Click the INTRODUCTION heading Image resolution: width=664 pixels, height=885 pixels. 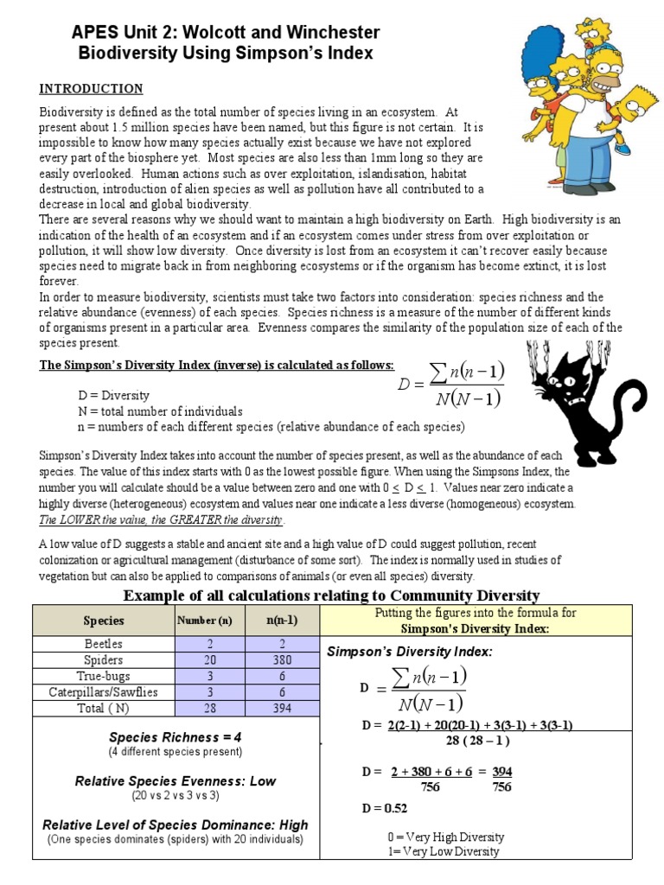[x=91, y=89]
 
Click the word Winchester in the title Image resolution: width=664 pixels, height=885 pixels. [x=332, y=33]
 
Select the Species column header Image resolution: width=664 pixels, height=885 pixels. [x=103, y=621]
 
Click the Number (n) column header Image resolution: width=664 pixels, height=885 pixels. [x=204, y=621]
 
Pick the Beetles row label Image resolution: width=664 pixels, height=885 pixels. [x=103, y=644]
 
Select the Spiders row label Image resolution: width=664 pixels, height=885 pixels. [x=103, y=660]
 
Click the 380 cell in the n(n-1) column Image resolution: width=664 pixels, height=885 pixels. [x=277, y=660]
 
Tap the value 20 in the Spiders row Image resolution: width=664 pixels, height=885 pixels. [x=204, y=660]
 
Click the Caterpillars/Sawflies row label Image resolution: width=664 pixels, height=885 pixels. [x=103, y=692]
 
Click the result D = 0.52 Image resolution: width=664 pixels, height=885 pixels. [x=384, y=808]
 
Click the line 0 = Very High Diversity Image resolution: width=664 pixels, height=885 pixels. [x=446, y=837]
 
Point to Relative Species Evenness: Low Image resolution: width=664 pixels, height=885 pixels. [x=175, y=780]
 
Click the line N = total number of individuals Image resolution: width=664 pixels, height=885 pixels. [x=160, y=411]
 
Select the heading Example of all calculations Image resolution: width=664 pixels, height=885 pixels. [x=331, y=595]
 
